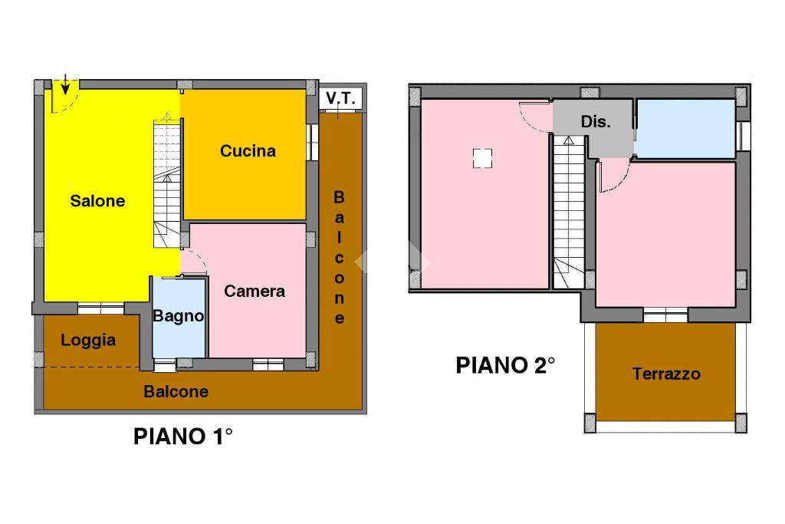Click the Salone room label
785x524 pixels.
tap(97, 201)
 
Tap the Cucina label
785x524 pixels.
tap(248, 151)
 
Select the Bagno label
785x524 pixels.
tap(178, 316)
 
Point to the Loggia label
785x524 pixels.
tap(88, 340)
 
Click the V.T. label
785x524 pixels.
tap(340, 98)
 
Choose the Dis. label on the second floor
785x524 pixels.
tap(596, 121)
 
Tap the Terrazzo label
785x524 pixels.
tap(666, 374)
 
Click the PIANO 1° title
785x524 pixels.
tap(182, 437)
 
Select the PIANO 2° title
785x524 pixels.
tap(506, 365)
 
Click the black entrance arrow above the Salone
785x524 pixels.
tap(65, 85)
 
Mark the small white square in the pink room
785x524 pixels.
tap(482, 158)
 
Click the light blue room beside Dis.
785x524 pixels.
tap(685, 129)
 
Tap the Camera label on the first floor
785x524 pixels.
tap(255, 291)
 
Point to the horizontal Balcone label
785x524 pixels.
tap(176, 391)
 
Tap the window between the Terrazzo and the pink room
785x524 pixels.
tap(665, 315)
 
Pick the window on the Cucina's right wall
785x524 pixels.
tap(313, 142)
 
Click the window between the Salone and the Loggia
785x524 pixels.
tap(101, 308)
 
